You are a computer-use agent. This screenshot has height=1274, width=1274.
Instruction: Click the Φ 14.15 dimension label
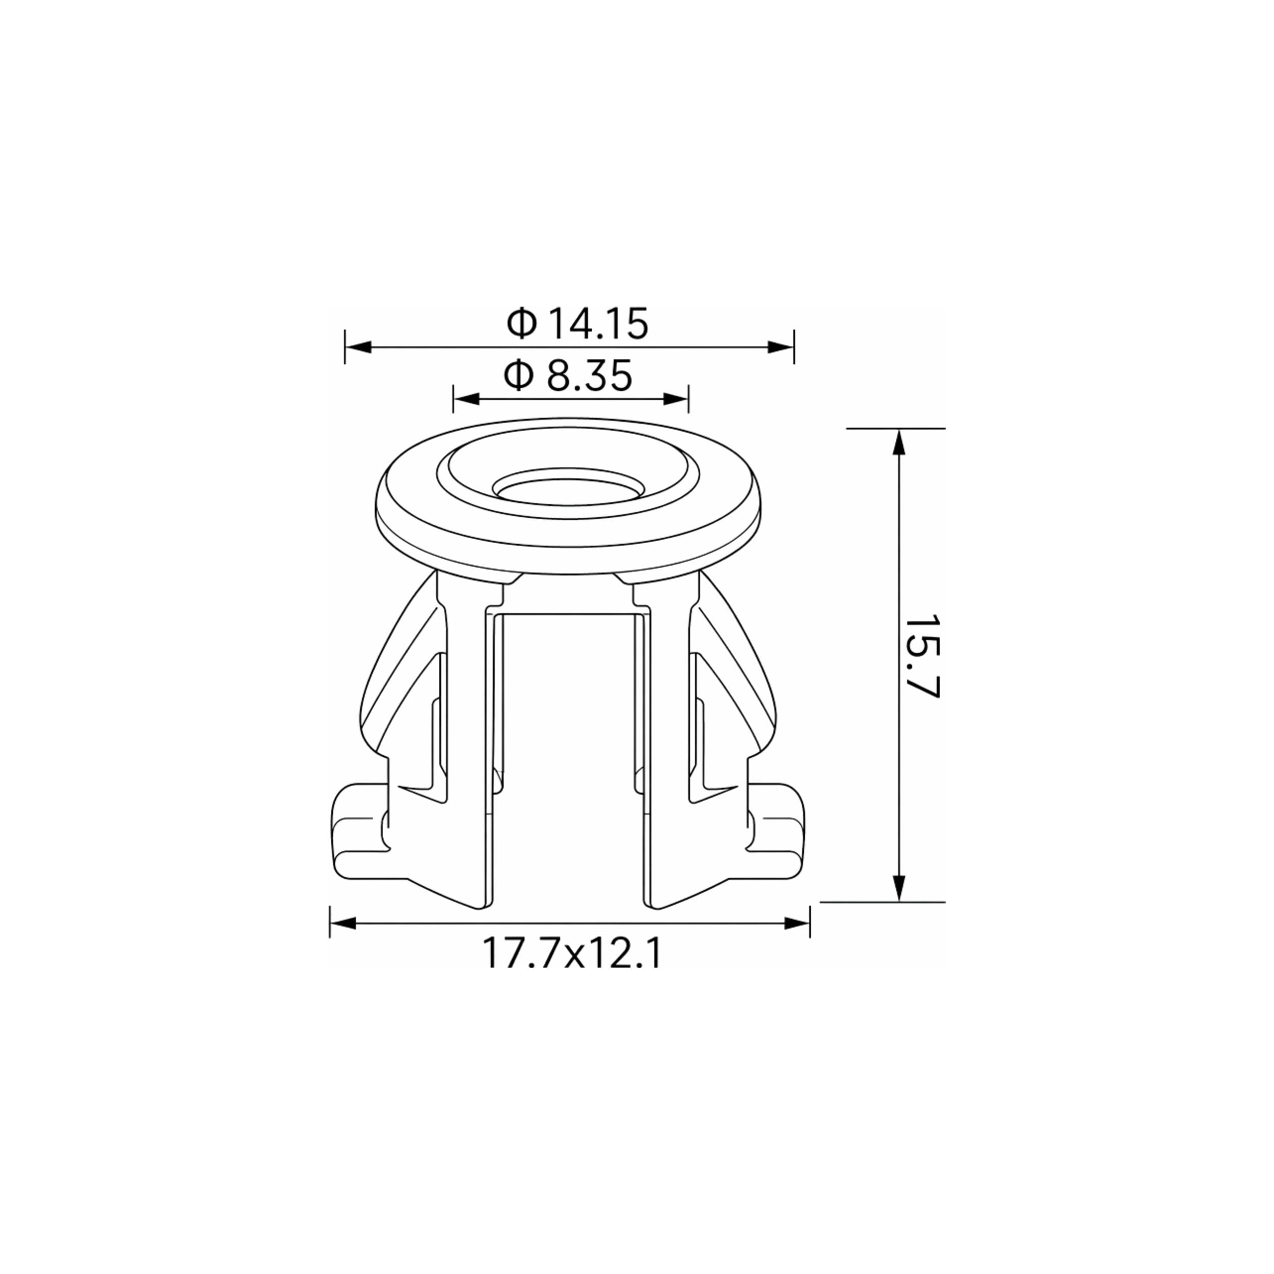click(578, 323)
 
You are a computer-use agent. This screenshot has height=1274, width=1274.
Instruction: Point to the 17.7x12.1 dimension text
click(571, 953)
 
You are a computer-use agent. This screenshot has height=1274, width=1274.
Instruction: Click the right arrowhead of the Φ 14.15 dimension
click(780, 348)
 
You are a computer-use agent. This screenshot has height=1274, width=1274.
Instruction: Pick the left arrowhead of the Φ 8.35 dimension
click(466, 399)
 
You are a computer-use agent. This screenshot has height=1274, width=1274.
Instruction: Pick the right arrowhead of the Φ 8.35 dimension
click(676, 399)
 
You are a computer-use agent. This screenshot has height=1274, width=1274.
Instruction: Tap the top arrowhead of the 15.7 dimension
click(897, 442)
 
